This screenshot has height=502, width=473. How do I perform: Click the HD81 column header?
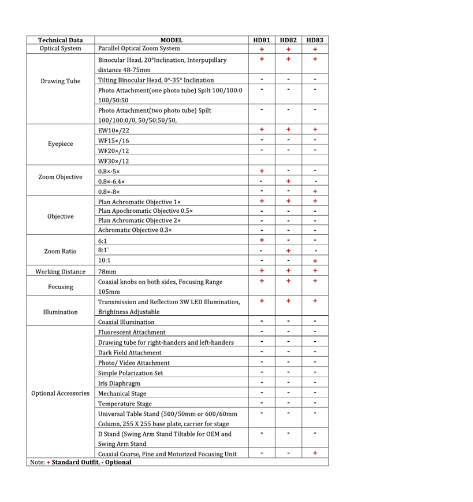pos(262,40)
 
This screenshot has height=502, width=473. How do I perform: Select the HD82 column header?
pos(288,40)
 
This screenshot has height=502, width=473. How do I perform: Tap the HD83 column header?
pos(315,40)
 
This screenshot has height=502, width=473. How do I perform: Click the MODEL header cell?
pos(172,40)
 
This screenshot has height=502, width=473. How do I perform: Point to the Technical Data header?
pos(60,40)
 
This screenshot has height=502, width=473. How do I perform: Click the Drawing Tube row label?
pos(60,81)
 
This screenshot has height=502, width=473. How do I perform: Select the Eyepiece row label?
pos(60,143)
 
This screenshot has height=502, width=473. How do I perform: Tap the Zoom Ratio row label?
pos(60,251)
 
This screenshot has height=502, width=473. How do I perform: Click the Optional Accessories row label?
pos(60,393)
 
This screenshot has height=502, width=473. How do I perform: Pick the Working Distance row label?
pos(60,272)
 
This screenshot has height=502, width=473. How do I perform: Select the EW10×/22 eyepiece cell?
pos(114,131)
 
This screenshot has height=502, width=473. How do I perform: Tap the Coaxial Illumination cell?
pos(126,322)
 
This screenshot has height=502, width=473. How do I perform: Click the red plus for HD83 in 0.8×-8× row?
pos(315,191)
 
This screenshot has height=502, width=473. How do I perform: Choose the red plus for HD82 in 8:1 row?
pos(288,250)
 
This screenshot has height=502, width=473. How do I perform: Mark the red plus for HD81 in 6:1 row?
pos(262,240)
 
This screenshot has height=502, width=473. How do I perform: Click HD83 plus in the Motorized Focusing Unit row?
pos(315,453)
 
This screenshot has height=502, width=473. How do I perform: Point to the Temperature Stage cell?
pos(125,404)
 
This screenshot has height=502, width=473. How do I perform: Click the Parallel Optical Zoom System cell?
pos(139,49)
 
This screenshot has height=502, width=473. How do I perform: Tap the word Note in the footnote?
pos(35,462)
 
